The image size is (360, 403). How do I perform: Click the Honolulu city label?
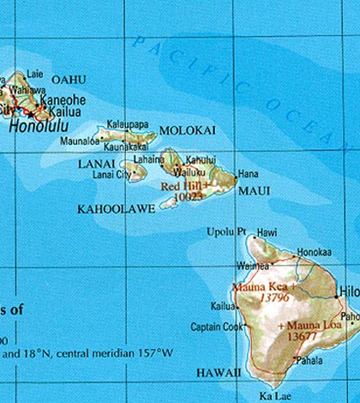(42, 125)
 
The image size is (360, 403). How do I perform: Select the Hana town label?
(249, 173)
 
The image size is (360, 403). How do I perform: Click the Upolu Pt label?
(226, 232)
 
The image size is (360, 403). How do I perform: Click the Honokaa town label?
(314, 252)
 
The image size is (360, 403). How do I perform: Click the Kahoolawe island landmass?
(168, 203)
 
